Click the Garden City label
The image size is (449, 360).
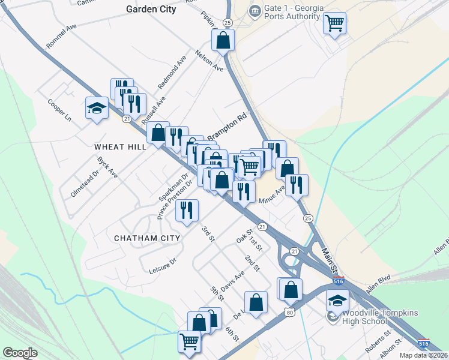tap(151, 9)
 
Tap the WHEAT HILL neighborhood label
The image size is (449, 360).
tap(120, 147)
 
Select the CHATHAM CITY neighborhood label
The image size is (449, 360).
tap(147, 238)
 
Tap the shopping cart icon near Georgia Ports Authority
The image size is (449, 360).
tap(334, 23)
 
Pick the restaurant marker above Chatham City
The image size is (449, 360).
tap(187, 210)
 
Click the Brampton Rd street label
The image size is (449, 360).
tap(227, 127)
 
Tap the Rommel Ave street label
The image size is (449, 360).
tap(62, 36)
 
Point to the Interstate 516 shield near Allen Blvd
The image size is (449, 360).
tap(339, 281)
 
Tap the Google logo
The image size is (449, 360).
tap(20, 352)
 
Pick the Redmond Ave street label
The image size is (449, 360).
tap(172, 74)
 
